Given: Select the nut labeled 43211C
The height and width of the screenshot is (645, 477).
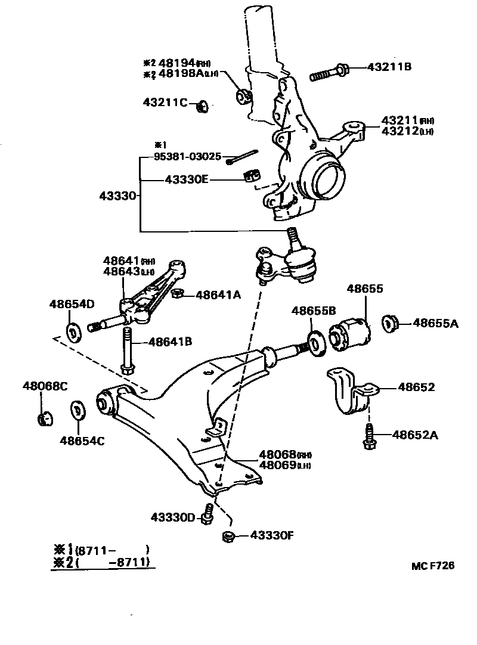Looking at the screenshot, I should tap(202, 106).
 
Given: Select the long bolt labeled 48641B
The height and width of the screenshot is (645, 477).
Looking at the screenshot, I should tap(127, 349).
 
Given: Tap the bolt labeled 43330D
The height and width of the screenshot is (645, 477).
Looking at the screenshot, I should tap(208, 514).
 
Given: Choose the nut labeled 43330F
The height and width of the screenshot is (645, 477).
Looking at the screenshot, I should tap(227, 536).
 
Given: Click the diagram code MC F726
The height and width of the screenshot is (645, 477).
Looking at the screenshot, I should tap(432, 565).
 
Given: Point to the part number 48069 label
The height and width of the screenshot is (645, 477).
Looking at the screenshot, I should tap(277, 464).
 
